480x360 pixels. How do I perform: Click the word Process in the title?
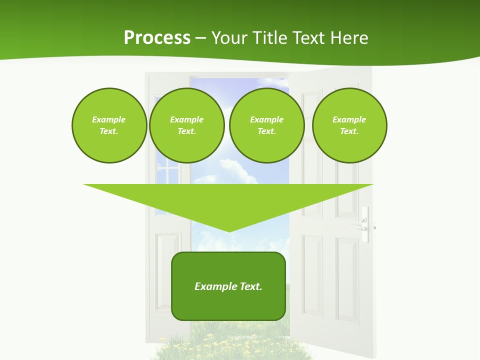pyautogui.click(x=157, y=38)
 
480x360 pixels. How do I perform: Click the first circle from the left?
pyautogui.click(x=109, y=125)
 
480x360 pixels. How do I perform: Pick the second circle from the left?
pyautogui.click(x=186, y=125)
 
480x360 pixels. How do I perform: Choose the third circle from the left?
pyautogui.click(x=266, y=125)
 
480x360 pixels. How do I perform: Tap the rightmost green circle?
pyautogui.click(x=349, y=125)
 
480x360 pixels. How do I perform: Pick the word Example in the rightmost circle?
pyautogui.click(x=349, y=119)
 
